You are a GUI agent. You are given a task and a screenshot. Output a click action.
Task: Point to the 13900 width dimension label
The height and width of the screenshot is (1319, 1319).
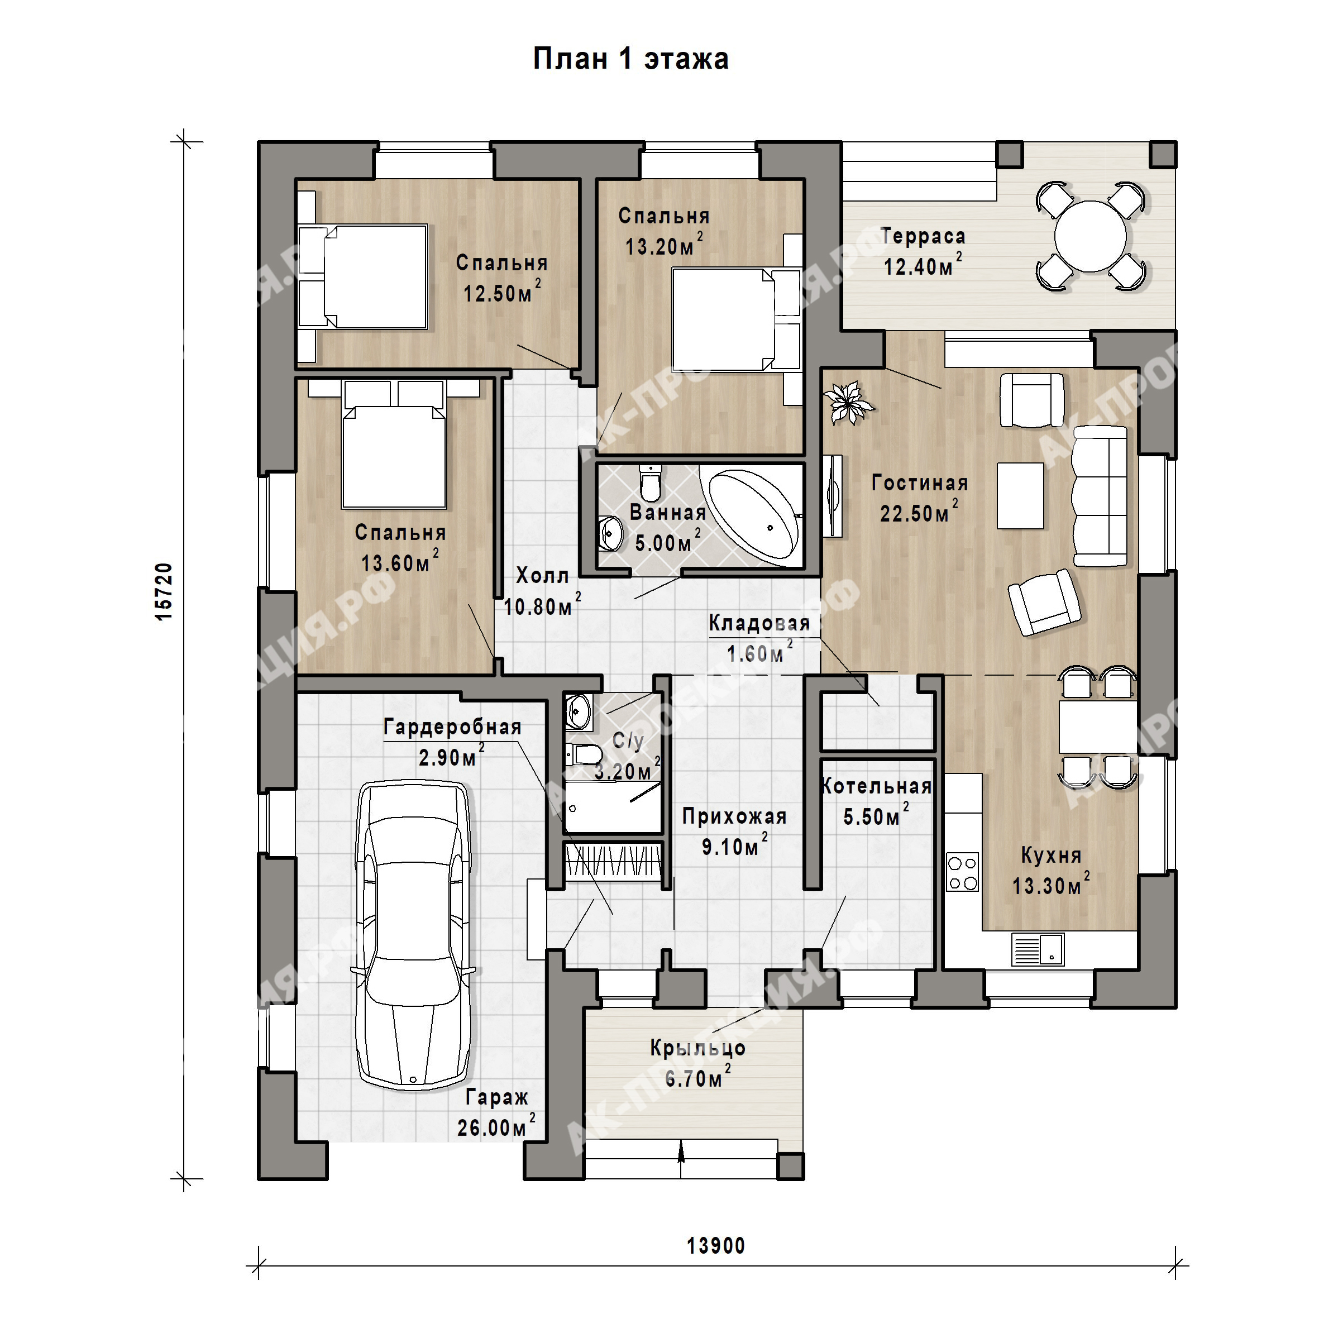point(715,1246)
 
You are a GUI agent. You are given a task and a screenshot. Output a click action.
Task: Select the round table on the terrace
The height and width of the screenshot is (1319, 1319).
point(1089,236)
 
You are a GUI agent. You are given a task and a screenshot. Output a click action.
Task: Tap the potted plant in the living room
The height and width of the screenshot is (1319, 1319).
point(847,402)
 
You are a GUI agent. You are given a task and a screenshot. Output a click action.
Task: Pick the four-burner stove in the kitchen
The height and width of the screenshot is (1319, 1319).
point(963,872)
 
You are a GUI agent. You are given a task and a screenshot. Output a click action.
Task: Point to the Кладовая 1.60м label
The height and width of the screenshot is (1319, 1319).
point(759,638)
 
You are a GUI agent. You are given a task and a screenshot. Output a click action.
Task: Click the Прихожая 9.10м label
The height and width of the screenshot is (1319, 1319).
point(734,831)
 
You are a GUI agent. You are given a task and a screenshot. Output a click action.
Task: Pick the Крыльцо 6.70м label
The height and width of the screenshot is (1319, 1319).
point(697,1063)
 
